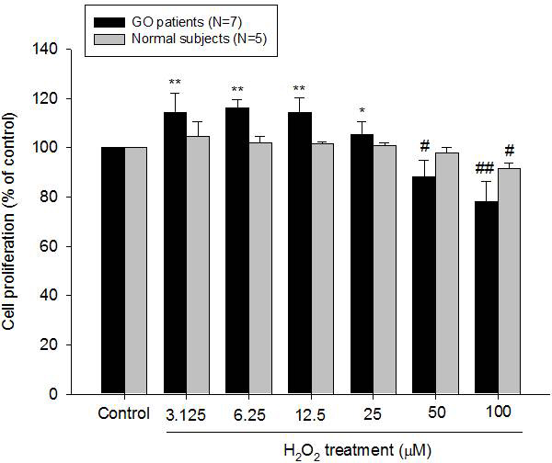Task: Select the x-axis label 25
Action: point(371,413)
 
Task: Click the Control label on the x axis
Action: point(124,413)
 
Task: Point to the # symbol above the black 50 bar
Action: point(425,146)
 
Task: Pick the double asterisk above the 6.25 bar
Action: point(237,89)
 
